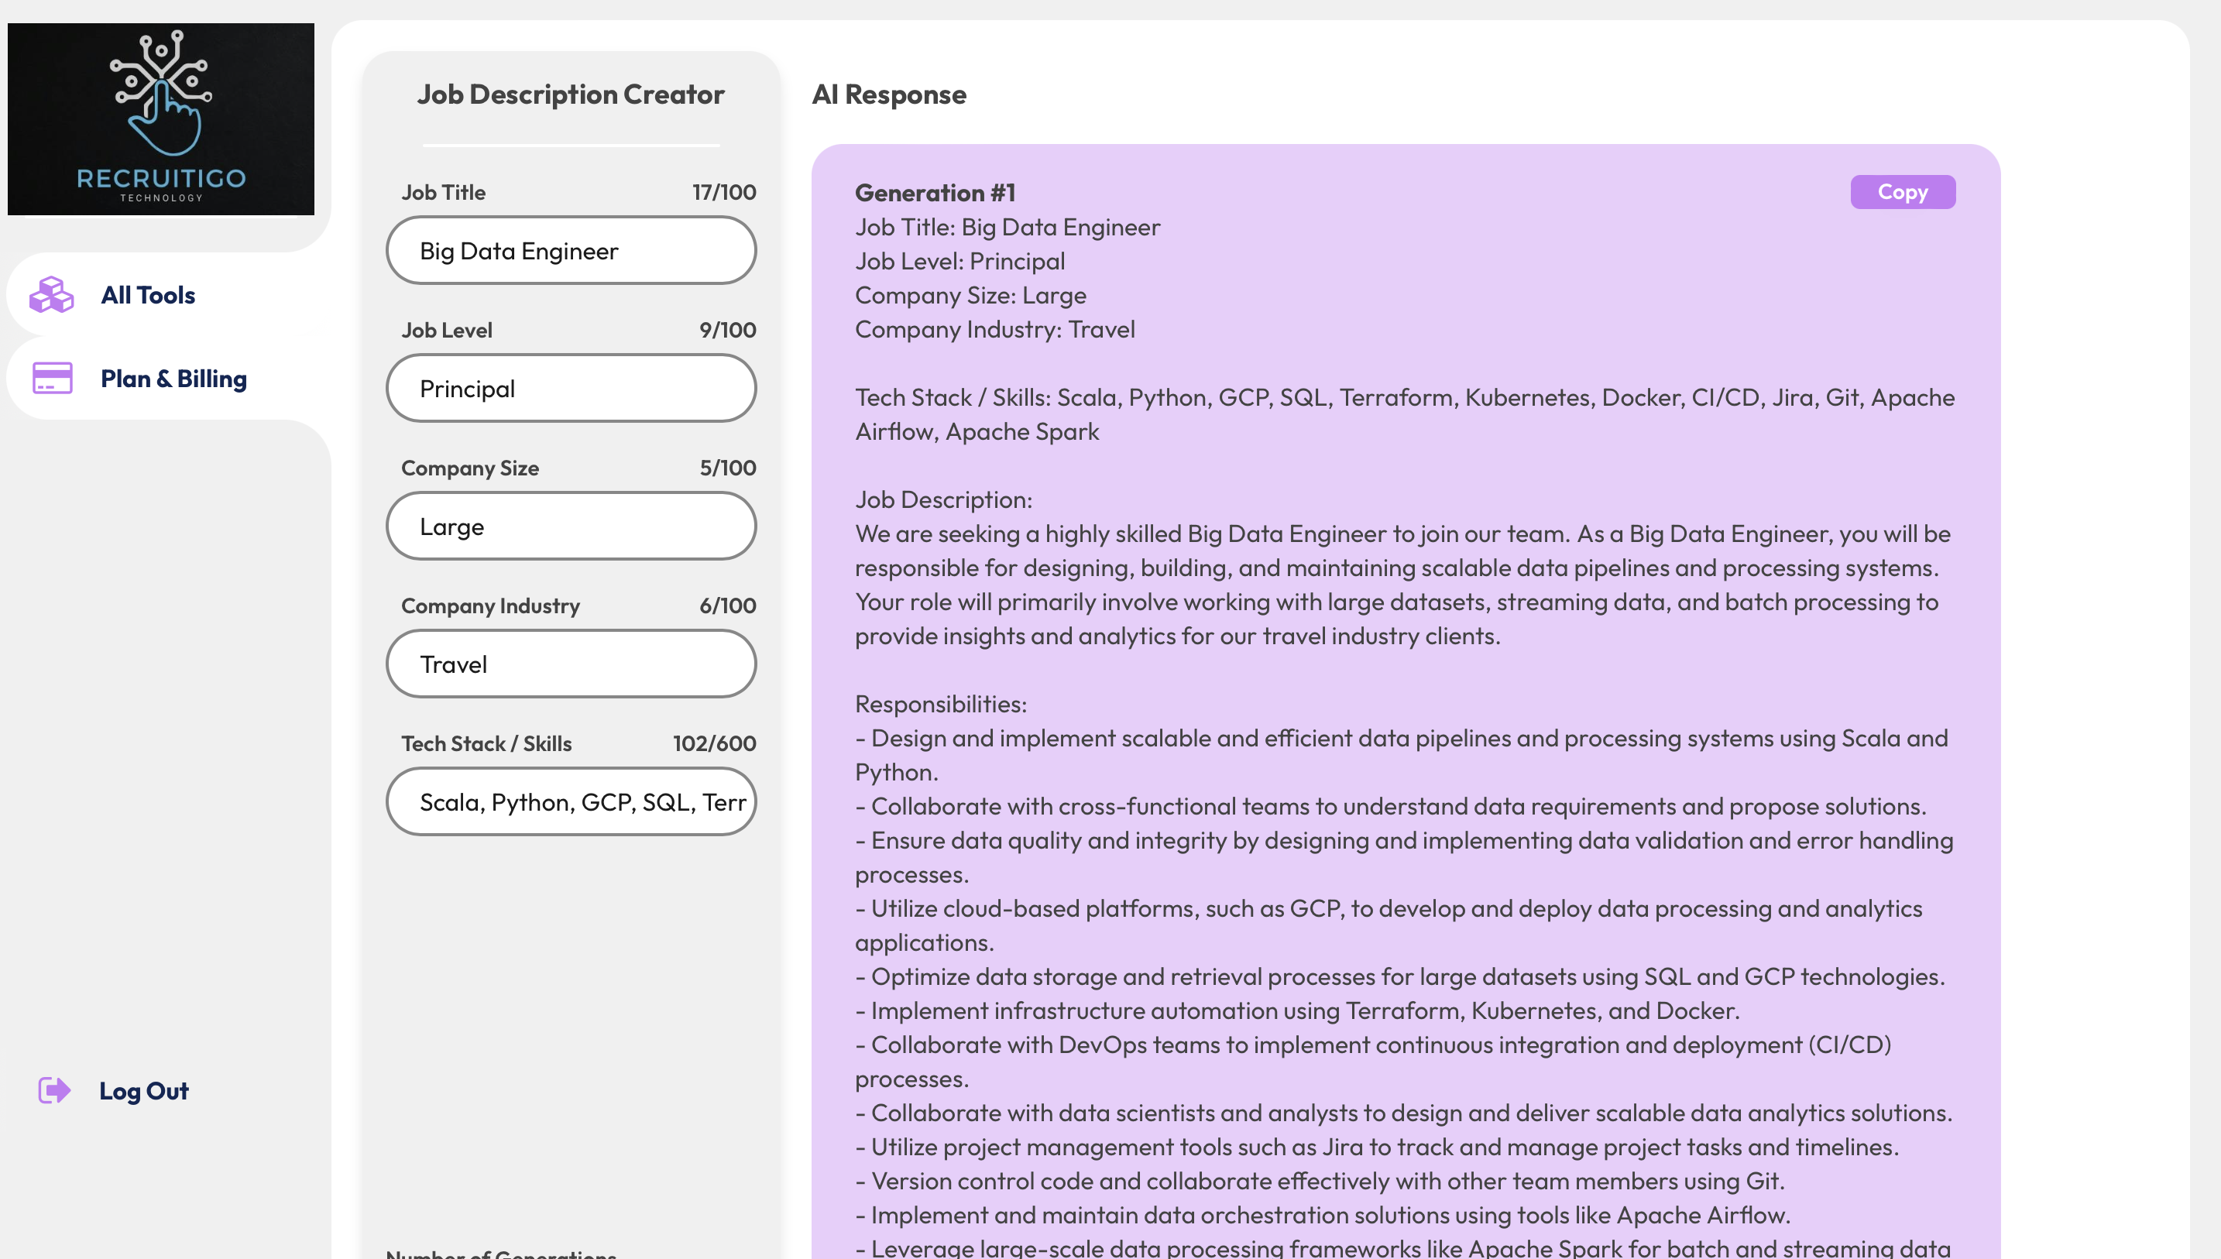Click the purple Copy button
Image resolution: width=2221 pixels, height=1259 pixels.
point(1902,192)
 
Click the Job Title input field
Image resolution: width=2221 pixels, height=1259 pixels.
point(571,251)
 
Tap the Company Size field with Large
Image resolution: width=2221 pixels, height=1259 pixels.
point(571,526)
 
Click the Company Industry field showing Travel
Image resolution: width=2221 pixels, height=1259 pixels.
point(571,664)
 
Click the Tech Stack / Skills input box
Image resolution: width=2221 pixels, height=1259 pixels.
point(571,801)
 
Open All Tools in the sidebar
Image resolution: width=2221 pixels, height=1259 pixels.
point(148,295)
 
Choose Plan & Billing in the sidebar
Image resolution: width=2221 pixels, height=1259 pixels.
point(173,379)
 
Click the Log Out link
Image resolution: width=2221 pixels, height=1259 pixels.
point(143,1090)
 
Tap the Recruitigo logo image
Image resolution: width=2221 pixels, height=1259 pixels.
point(161,119)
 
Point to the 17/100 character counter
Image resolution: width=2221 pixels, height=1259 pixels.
point(723,192)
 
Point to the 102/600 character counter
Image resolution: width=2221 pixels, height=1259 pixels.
point(714,743)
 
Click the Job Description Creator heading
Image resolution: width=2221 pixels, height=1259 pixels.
point(571,94)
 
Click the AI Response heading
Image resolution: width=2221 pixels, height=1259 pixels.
point(889,94)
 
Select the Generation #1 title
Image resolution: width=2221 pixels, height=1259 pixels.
point(935,193)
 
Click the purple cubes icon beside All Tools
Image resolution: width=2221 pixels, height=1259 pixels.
point(52,295)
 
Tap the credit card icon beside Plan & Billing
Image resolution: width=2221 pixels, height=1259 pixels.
point(52,378)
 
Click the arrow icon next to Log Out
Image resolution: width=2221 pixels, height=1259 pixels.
point(53,1089)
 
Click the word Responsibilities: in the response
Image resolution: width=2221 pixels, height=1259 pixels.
point(941,704)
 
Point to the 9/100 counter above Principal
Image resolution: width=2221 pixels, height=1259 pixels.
point(727,331)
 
